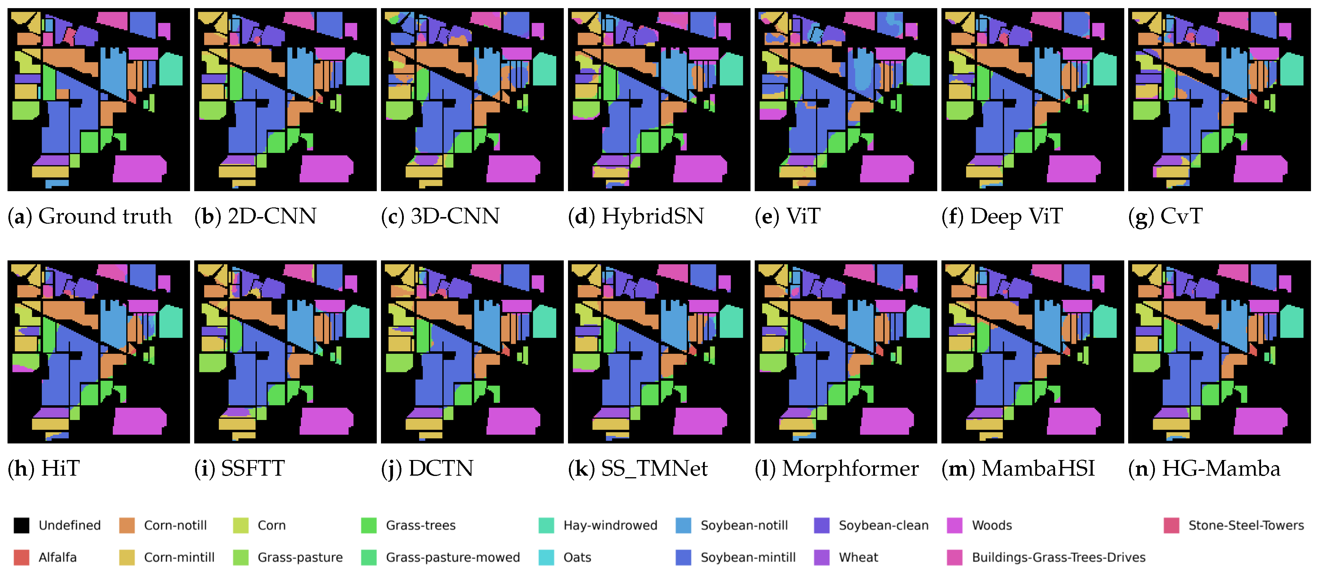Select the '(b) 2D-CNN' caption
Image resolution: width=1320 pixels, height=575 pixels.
coord(255,216)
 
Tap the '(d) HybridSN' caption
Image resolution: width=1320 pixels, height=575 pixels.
coord(636,216)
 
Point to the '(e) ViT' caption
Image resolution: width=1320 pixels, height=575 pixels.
coord(787,216)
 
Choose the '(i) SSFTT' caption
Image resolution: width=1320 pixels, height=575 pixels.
coord(239,468)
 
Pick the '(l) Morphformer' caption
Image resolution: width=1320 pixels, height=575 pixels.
coord(837,468)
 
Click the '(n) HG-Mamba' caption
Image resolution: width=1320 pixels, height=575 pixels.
coord(1204,468)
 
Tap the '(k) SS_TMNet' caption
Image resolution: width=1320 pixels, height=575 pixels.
coord(638,468)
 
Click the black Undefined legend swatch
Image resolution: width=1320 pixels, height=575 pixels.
coord(21,525)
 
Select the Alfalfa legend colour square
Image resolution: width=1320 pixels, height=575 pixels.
coord(21,557)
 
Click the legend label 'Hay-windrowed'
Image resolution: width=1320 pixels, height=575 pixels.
coord(610,525)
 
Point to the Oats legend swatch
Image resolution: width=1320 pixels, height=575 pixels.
coord(546,557)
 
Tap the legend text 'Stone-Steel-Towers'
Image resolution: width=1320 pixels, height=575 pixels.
coord(1246,525)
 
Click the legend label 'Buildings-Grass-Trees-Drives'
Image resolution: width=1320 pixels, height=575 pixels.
coord(1058,557)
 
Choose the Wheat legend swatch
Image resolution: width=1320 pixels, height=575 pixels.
coord(821,557)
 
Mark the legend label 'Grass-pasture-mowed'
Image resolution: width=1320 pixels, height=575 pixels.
coord(453,557)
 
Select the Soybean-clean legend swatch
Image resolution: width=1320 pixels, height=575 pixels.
coord(821,525)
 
